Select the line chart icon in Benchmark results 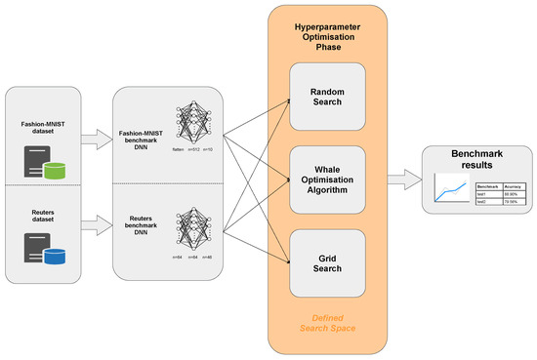(442, 191)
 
